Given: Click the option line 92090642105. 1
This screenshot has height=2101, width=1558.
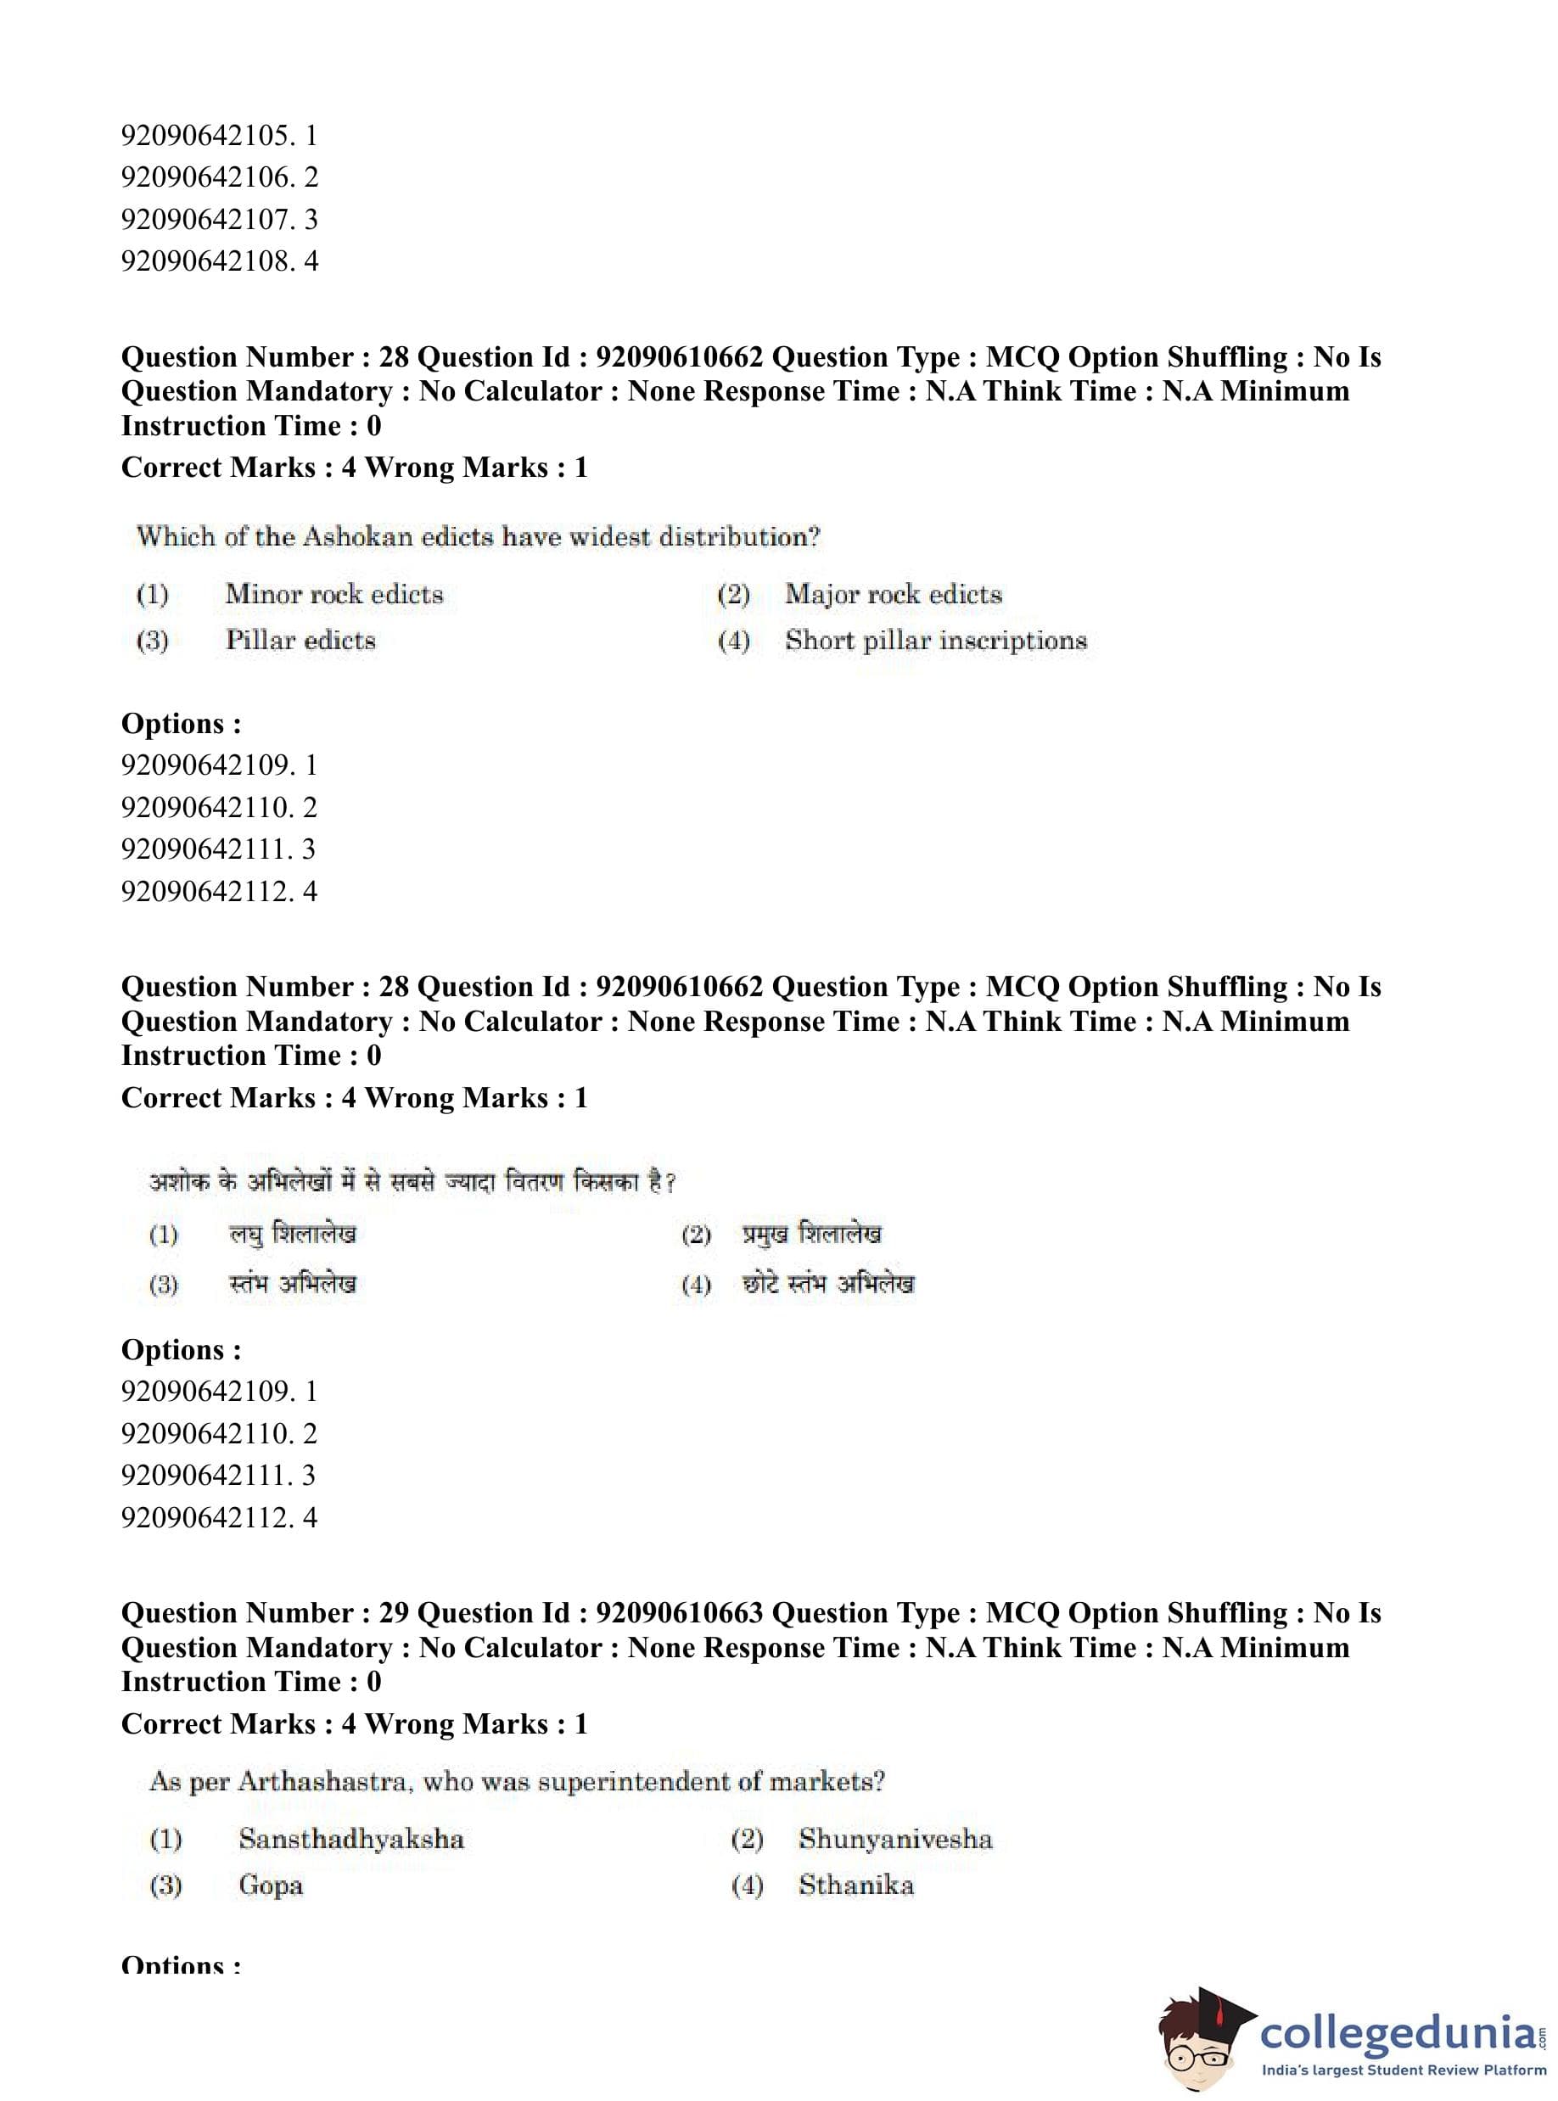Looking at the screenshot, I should (x=219, y=136).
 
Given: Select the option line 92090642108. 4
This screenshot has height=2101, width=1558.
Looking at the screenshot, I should (x=219, y=261).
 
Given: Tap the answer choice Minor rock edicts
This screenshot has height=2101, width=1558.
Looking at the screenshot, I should (x=333, y=594).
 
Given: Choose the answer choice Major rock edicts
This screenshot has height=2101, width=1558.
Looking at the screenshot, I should (x=893, y=594).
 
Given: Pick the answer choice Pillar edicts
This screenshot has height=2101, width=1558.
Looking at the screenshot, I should (x=300, y=641).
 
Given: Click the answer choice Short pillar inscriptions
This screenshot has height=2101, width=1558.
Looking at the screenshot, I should (x=935, y=641).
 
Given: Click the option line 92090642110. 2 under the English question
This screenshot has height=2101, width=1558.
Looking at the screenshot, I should (x=219, y=807).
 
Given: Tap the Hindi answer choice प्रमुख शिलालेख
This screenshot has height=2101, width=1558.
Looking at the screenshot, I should (x=811, y=1234).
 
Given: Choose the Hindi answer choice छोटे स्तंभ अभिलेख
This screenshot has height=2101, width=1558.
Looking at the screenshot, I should (x=828, y=1283).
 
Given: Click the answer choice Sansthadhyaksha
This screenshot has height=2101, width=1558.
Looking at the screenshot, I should (x=350, y=1839).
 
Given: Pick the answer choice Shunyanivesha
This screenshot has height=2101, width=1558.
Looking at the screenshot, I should (x=895, y=1839).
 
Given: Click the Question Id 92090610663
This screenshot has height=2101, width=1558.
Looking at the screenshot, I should (x=679, y=1613).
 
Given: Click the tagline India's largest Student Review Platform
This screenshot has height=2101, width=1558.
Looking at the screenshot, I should (x=1404, y=2070).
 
